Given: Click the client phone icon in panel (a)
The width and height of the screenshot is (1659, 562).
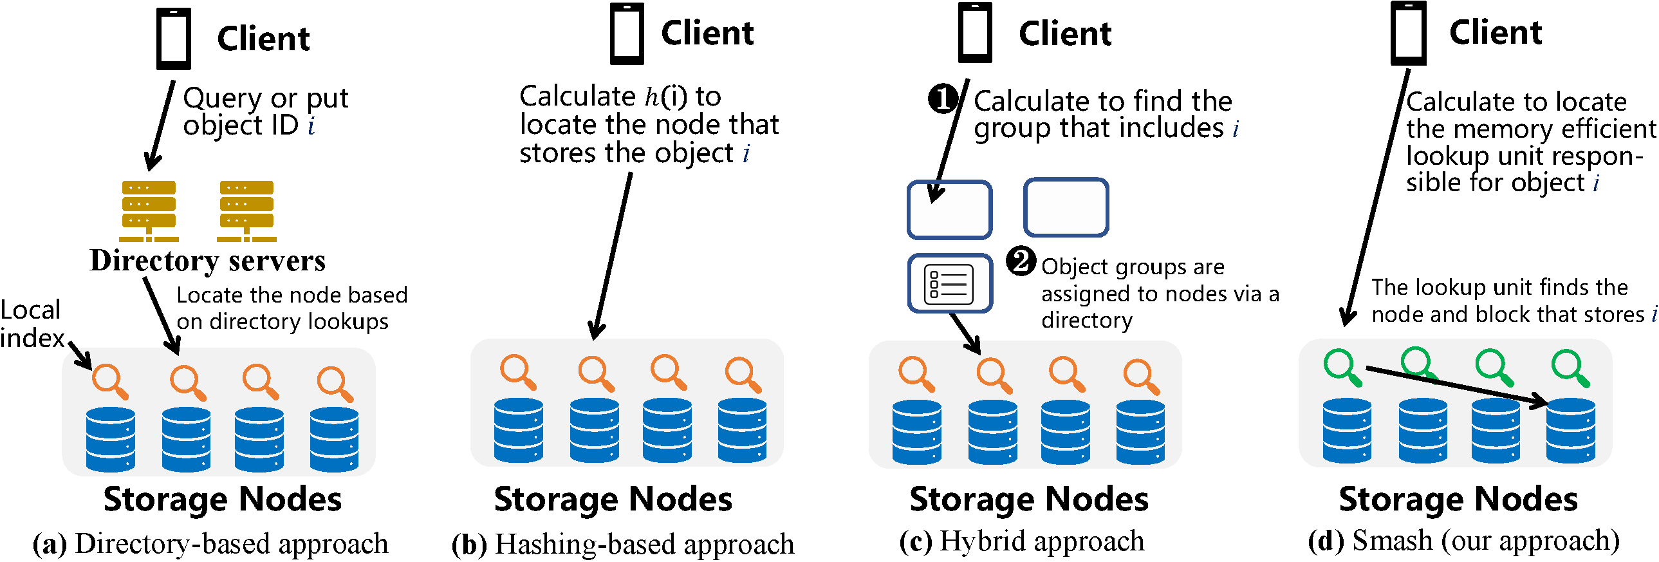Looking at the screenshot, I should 173,39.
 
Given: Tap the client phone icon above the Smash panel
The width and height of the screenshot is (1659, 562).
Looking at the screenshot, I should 1408,33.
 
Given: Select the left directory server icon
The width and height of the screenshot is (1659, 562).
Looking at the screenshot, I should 149,211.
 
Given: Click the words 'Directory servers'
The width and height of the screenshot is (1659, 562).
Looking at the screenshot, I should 207,261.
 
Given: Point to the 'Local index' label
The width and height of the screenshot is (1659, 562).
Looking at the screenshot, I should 31,324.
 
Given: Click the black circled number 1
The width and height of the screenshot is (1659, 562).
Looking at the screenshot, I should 942,98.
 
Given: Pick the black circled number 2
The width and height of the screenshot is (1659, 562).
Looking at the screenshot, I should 1021,261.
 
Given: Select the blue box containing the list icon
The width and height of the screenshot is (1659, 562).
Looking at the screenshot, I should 949,284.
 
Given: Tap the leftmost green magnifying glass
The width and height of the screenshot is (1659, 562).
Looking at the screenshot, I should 1342,367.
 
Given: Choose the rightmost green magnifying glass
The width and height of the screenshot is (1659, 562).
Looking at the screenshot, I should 1570,367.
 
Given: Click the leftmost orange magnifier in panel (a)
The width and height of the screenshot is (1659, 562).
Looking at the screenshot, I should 109,381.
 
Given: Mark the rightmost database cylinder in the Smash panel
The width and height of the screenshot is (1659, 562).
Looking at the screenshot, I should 1570,431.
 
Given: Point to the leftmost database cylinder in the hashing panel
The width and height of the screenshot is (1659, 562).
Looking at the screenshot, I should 519,431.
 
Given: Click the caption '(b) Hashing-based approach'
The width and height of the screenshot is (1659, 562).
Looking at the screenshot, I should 623,545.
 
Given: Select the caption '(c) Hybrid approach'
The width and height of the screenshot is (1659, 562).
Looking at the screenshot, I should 1021,541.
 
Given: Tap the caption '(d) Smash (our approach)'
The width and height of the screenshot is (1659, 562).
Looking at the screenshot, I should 1463,541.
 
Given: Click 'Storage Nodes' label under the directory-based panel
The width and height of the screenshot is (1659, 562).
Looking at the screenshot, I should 222,500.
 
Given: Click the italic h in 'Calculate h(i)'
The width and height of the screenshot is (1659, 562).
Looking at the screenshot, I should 651,97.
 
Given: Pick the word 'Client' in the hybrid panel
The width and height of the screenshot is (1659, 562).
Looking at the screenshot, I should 1064,33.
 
